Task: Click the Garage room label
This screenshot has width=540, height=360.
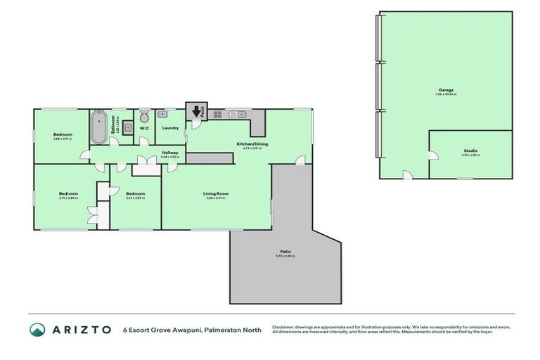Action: tap(446, 90)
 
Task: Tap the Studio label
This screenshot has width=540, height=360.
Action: tap(470, 150)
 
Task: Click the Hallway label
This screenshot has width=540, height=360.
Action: tap(169, 153)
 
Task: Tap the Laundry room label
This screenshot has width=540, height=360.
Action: tap(169, 128)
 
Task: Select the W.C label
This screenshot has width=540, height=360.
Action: tap(144, 128)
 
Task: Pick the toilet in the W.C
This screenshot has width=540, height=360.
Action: tap(144, 116)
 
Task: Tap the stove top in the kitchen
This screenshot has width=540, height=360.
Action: tap(218, 113)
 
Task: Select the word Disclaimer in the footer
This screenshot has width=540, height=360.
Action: tap(283, 326)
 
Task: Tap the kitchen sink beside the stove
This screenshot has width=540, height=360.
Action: tap(236, 113)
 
